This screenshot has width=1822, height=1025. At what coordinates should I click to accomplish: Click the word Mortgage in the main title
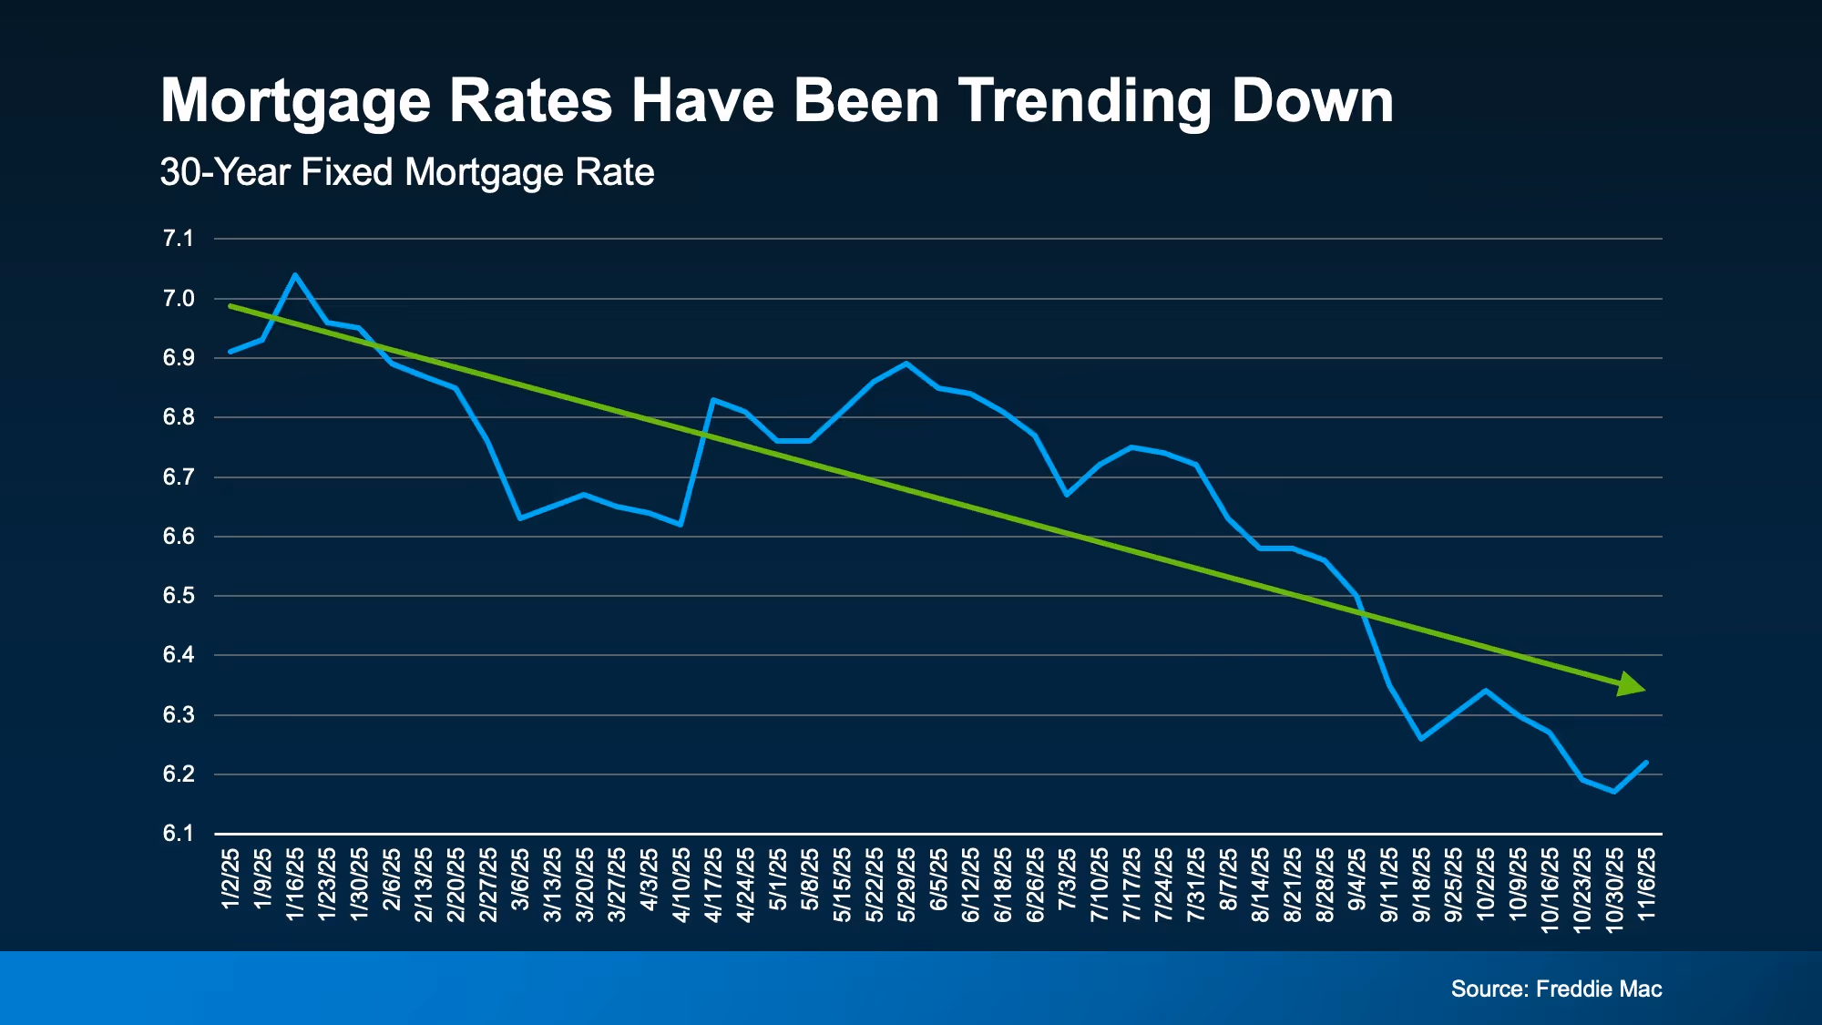pos(295,100)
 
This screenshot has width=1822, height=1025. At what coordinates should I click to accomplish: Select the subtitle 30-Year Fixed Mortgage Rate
pos(407,172)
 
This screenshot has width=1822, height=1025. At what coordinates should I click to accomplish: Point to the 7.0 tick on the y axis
pos(179,299)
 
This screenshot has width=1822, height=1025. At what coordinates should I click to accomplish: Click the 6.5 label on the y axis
pos(179,596)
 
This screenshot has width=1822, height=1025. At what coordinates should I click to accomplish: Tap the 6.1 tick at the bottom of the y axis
pos(179,834)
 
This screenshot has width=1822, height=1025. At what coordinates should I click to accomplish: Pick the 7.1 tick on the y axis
pos(179,239)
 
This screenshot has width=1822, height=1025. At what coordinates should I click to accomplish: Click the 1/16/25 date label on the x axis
pos(295,885)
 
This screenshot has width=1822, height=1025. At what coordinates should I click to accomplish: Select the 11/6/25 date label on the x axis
pos(1647,885)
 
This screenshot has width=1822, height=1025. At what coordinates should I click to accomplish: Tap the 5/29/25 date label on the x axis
pos(906,885)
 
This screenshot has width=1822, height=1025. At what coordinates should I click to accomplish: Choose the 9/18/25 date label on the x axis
pos(1421,885)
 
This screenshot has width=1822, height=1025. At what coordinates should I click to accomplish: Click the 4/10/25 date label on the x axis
pos(681,885)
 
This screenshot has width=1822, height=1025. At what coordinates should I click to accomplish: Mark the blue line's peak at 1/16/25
pos(295,274)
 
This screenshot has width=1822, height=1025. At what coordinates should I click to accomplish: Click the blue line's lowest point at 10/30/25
pos(1614,792)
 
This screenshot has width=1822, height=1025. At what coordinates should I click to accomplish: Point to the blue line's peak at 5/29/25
pos(906,364)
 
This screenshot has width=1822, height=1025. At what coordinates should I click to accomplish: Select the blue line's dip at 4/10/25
pos(681,525)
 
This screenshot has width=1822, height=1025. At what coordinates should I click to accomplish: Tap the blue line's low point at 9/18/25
pos(1421,738)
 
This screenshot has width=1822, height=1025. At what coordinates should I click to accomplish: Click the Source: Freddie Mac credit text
pos(1556,989)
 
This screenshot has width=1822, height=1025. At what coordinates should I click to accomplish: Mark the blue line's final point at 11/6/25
pos(1646,763)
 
